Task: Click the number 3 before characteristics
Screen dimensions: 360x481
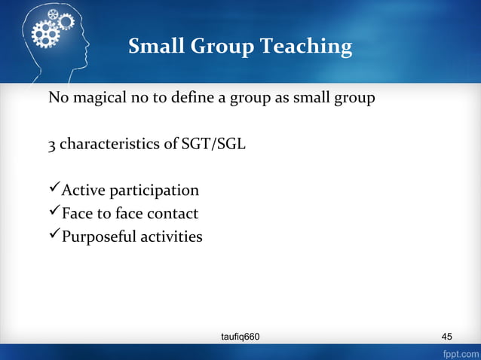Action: [52, 145]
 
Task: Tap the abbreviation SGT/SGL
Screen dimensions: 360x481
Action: [214, 145]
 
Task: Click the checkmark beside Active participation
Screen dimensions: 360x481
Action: [54, 190]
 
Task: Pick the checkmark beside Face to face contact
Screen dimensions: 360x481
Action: [54, 213]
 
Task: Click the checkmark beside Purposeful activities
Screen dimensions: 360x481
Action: [54, 236]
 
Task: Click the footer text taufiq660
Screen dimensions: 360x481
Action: [238, 336]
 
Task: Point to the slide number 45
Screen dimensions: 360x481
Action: [448, 336]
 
